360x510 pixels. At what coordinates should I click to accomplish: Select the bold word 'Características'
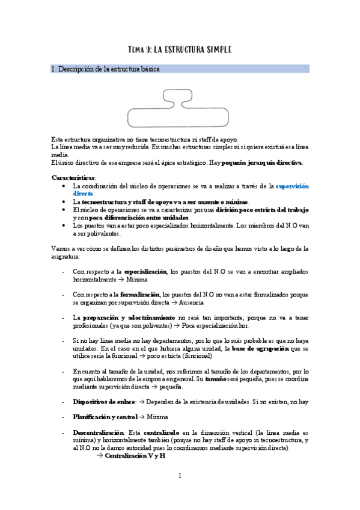point(74,177)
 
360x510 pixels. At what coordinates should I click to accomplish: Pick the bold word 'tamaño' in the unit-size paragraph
point(216,378)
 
